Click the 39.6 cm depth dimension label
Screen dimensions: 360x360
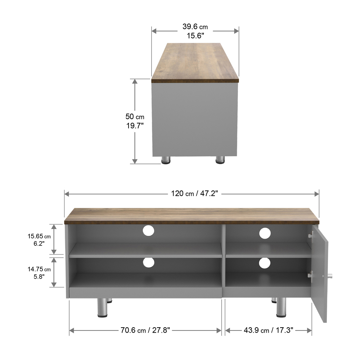[195, 31]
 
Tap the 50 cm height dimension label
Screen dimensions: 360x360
[135, 121]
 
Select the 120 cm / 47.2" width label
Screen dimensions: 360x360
[194, 194]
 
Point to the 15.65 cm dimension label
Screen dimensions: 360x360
[39, 240]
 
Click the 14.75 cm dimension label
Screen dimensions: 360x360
[39, 273]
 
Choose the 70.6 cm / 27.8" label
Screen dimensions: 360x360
[145, 330]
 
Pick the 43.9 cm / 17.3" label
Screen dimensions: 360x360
[269, 330]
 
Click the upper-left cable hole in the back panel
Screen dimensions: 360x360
[148, 230]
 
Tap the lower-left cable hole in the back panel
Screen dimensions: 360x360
[149, 262]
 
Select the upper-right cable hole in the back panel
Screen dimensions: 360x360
[265, 233]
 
